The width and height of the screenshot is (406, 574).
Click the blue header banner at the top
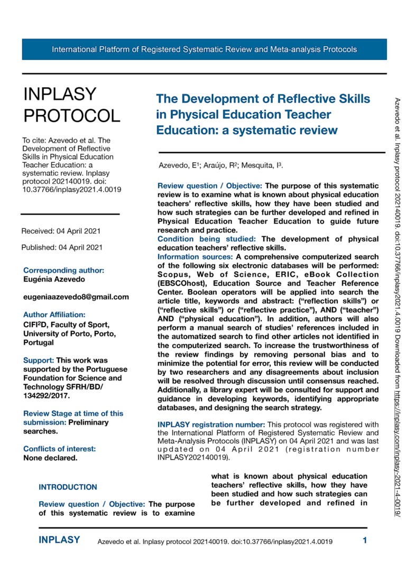pyautogui.click(x=204, y=50)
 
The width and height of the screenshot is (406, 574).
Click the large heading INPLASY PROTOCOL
pyautogui.click(x=72, y=105)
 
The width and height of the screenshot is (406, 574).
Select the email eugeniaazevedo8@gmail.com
pyautogui.click(x=76, y=297)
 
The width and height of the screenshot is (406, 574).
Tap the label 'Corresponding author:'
pyautogui.click(x=63, y=270)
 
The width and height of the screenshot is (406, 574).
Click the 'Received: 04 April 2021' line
pyautogui.click(x=61, y=231)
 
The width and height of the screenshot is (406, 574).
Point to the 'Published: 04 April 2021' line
pyautogui.click(x=61, y=247)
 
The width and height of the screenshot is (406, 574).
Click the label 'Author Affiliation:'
pyautogui.click(x=54, y=314)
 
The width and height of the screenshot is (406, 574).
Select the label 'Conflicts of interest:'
pyautogui.click(x=59, y=449)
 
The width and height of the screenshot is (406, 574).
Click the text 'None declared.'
pyautogui.click(x=50, y=458)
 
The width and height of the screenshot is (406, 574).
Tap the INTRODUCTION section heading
pyautogui.click(x=68, y=487)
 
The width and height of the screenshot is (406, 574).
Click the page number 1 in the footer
pyautogui.click(x=365, y=540)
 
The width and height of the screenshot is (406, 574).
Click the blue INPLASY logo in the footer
pyautogui.click(x=59, y=540)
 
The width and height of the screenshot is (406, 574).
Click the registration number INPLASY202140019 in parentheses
pyautogui.click(x=187, y=458)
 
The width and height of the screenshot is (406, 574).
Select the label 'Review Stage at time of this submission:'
pyautogui.click(x=73, y=418)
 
